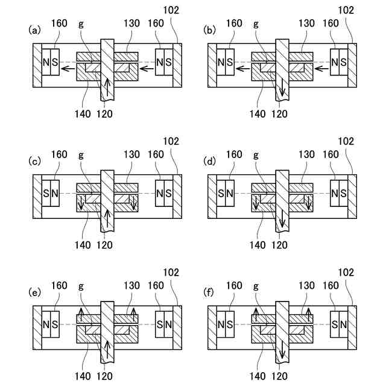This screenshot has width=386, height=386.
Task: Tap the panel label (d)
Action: coord(210,161)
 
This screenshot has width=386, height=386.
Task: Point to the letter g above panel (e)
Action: coord(81,286)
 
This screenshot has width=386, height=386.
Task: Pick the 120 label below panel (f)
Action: coord(279,376)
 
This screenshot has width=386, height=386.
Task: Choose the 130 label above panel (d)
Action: coord(307,155)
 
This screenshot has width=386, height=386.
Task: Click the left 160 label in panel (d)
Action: coord(234,155)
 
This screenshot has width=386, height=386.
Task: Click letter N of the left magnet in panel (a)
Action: coord(46,62)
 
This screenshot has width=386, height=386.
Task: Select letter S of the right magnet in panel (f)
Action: coord(335,325)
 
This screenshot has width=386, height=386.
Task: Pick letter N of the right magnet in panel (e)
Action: coord(168,325)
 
